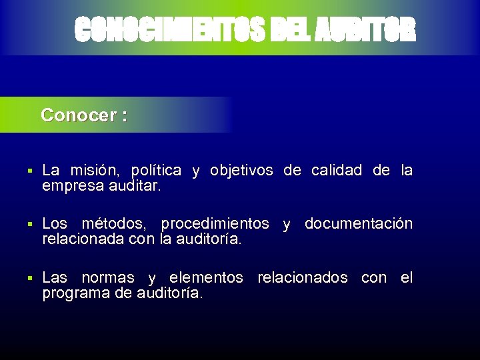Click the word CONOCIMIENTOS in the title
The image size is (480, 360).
(170, 29)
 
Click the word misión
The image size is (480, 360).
(99, 171)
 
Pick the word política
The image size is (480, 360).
(156, 171)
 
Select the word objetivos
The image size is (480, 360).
(241, 171)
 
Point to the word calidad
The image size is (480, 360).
(337, 171)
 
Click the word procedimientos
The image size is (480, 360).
(215, 223)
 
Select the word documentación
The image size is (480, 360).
(359, 223)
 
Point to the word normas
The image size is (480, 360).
(108, 277)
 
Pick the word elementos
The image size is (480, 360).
(207, 277)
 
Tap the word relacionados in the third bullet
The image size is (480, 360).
(302, 277)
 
